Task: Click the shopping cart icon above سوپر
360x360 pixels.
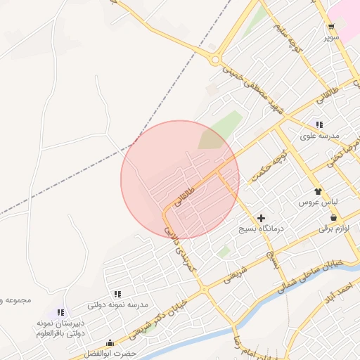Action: (x=330, y=26)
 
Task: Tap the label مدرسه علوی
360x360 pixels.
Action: (x=320, y=135)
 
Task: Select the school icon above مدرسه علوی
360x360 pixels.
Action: (x=320, y=124)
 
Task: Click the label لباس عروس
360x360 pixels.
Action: (x=320, y=202)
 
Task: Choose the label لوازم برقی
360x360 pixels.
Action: (x=333, y=229)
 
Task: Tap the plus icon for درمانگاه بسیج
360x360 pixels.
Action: (x=262, y=219)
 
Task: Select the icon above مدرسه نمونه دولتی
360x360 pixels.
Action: (x=117, y=294)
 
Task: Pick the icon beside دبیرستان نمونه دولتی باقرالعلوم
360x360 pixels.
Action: (x=61, y=312)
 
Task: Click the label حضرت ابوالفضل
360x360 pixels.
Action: (x=112, y=353)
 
